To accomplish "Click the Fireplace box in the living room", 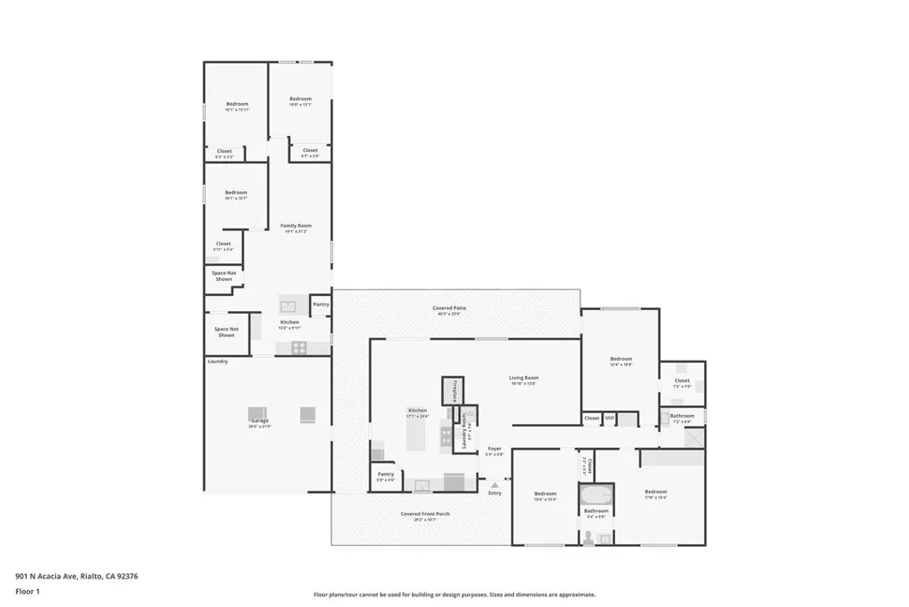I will tap(454, 390).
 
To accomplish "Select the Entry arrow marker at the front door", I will tap(494, 485).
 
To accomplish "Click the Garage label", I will tap(259, 420).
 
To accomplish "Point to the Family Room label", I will tap(296, 226).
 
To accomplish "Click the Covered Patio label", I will tap(451, 308).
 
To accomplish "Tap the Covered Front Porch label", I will tap(424, 514).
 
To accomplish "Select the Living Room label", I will tap(524, 378).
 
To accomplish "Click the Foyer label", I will tap(494, 449).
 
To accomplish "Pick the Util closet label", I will tap(610, 417).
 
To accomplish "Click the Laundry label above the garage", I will tap(218, 362).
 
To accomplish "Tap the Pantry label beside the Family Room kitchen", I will tap(320, 305).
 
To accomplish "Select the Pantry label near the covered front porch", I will tap(385, 475).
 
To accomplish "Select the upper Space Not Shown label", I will tap(224, 276).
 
